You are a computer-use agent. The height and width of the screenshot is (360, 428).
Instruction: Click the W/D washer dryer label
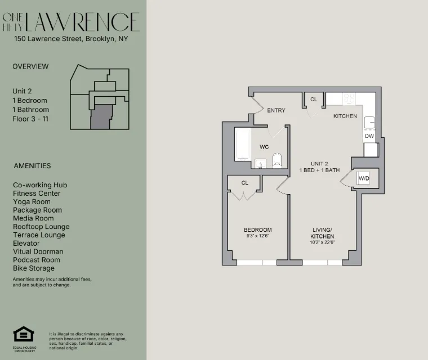[x=364, y=178]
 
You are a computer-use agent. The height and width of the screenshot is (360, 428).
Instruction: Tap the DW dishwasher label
[x=369, y=136]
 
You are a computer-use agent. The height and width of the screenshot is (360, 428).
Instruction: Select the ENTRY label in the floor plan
[x=276, y=110]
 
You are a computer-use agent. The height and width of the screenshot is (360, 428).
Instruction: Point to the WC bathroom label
[x=264, y=147]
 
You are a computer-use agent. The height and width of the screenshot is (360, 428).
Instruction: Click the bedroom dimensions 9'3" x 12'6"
[x=257, y=236]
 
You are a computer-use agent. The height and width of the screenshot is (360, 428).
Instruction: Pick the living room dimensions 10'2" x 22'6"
[x=323, y=243]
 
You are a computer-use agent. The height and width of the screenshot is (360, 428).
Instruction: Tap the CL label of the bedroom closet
[x=245, y=183]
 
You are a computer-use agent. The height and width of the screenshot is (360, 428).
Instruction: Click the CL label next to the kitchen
[x=314, y=100]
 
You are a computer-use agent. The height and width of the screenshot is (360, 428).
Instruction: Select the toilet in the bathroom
[x=277, y=161]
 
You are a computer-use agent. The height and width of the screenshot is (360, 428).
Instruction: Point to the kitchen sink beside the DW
[x=369, y=123]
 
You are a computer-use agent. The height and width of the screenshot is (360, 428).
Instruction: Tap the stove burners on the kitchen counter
[x=349, y=99]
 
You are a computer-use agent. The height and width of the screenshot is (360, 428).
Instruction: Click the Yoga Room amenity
[x=32, y=201]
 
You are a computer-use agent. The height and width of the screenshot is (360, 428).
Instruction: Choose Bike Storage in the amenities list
[x=34, y=268]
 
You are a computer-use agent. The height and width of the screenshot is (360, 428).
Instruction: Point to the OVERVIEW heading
[x=30, y=66]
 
